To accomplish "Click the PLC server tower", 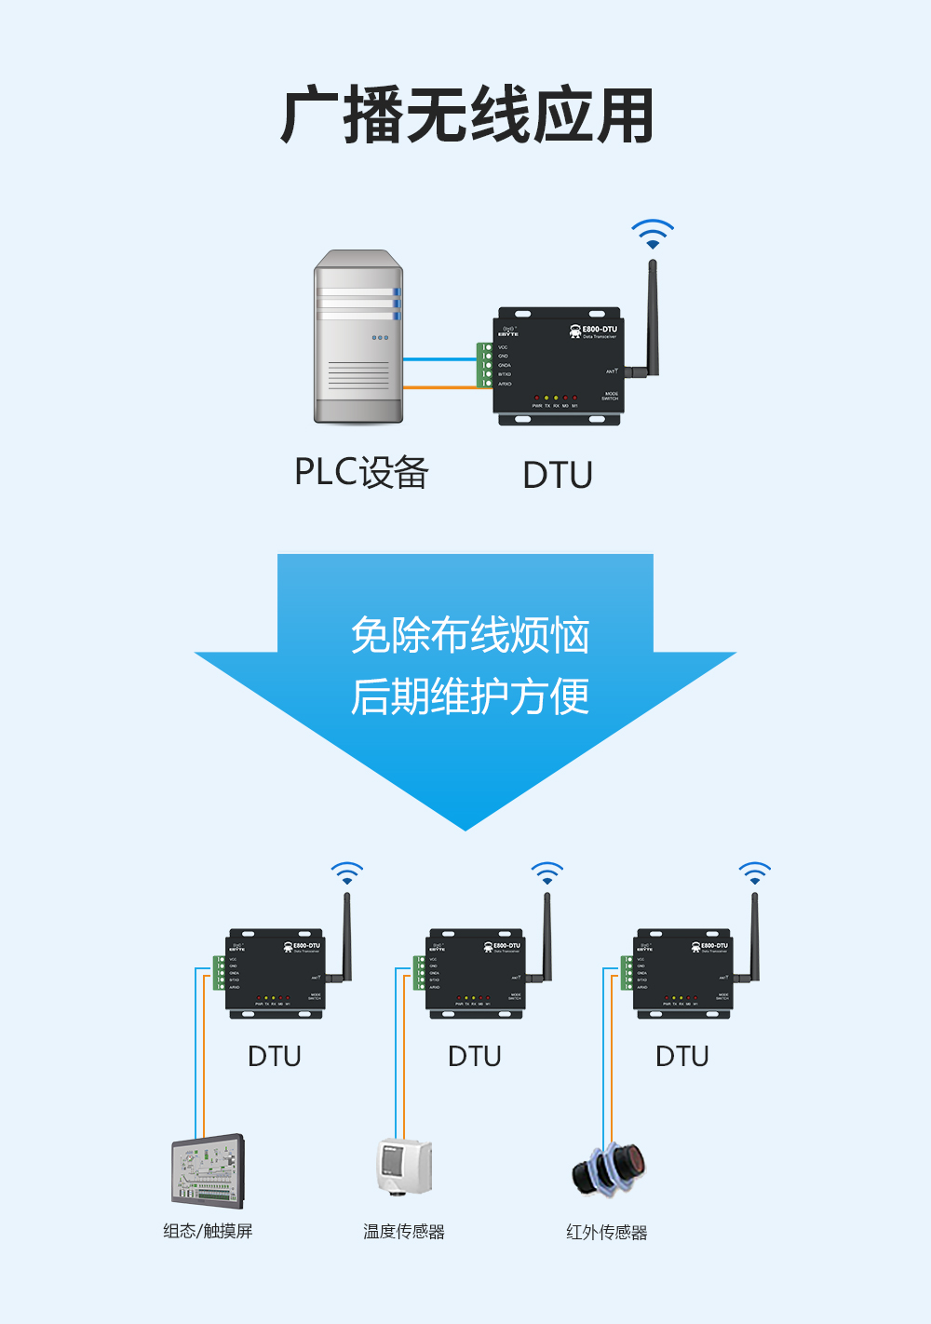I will (x=358, y=337).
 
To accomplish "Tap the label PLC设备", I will (x=361, y=472).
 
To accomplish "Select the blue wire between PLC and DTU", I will (x=439, y=358).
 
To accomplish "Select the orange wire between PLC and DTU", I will (x=439, y=387).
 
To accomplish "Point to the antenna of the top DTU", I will (x=652, y=317).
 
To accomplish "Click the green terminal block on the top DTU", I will (x=485, y=365).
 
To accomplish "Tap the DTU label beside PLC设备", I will (x=558, y=475).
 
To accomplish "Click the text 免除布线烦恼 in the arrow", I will (x=469, y=636).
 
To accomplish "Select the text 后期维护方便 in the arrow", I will (x=469, y=696).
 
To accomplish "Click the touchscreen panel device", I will (x=208, y=1170).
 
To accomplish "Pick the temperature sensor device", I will (x=404, y=1166).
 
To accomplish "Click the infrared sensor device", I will (x=609, y=1169).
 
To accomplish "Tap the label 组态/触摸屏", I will (x=208, y=1231).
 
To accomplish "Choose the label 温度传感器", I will (x=404, y=1231).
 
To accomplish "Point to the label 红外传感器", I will (x=606, y=1232).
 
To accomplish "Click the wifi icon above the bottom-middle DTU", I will (x=546, y=873).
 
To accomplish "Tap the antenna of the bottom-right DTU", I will (x=754, y=936).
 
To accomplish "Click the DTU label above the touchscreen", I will (x=275, y=1057).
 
